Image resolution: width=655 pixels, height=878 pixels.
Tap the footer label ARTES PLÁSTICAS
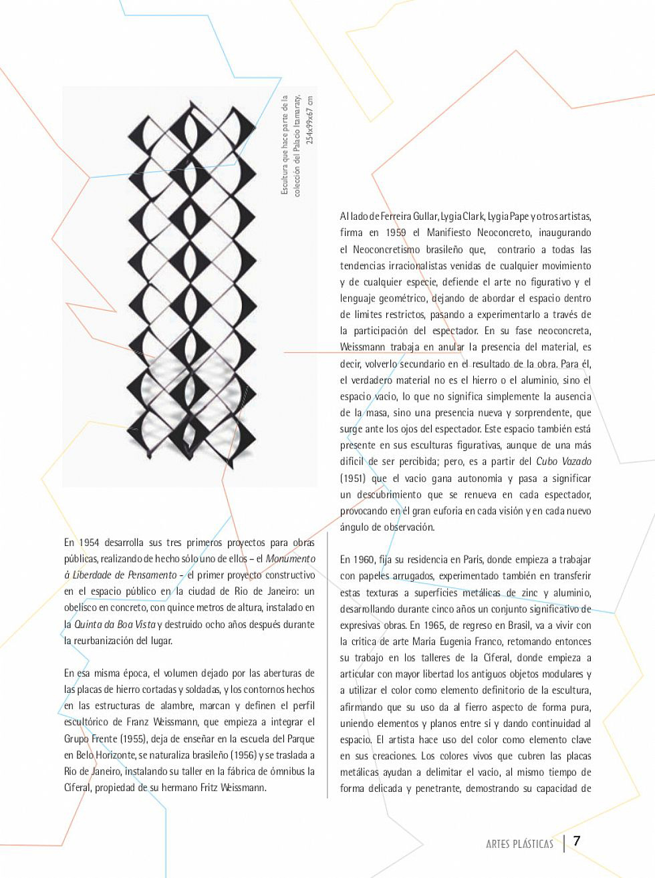[x=519, y=844]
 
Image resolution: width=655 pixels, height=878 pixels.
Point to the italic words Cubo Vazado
[x=563, y=462]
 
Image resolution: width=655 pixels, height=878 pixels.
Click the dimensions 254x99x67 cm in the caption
[x=308, y=121]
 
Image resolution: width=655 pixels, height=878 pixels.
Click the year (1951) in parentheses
[x=352, y=478]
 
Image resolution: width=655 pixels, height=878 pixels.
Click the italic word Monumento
[x=290, y=559]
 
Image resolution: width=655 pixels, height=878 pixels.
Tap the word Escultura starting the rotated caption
[x=285, y=180]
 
